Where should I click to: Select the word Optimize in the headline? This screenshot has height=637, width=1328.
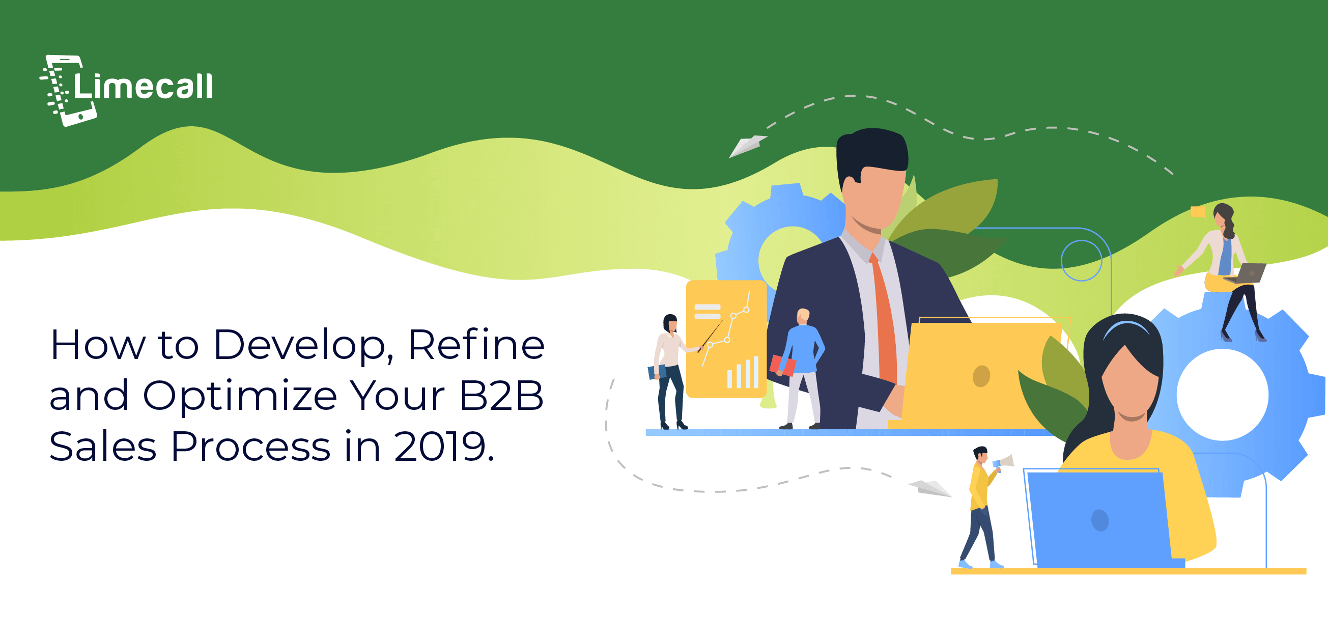[240, 396]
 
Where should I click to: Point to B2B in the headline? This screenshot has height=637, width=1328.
[501, 396]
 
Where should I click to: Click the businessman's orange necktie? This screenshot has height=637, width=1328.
[885, 317]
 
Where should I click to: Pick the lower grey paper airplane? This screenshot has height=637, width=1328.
[930, 488]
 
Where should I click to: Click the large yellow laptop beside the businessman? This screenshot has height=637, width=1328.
[979, 374]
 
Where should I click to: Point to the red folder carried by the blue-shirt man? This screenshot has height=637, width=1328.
[782, 365]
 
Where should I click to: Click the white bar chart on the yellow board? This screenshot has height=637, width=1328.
[743, 372]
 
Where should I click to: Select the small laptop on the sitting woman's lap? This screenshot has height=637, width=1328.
[1247, 273]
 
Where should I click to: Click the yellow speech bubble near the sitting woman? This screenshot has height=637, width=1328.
[1198, 211]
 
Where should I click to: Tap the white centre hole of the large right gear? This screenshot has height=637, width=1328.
[1223, 395]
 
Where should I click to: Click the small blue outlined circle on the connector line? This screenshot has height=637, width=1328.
[1082, 261]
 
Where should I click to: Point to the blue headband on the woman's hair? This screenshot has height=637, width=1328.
[1127, 327]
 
